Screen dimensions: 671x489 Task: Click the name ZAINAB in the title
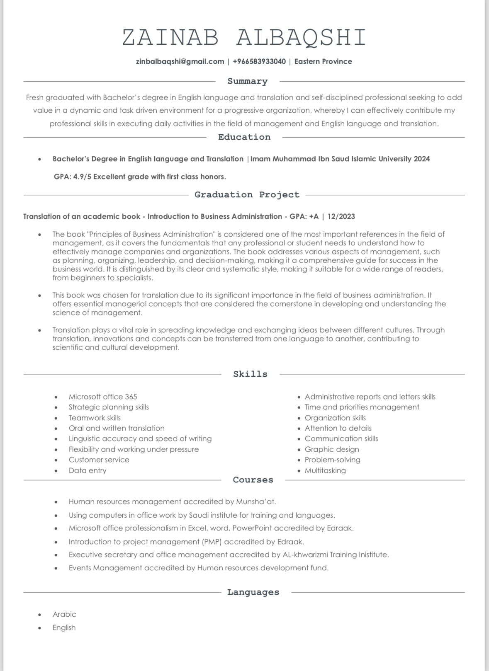pos(170,37)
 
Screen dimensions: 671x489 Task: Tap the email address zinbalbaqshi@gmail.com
pos(180,61)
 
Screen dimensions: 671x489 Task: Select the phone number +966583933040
pos(259,61)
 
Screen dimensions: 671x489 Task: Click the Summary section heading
pos(247,81)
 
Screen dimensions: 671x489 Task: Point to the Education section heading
pos(244,137)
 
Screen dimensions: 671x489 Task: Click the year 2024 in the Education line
pos(422,159)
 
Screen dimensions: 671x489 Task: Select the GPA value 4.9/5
pos(82,177)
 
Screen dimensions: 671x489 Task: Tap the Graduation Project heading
pos(247,195)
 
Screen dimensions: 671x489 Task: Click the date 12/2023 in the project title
pos(341,216)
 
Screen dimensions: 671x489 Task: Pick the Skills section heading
pos(250,374)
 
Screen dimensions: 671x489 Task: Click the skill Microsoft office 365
pos(103,397)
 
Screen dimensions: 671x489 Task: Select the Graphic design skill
pos(332,449)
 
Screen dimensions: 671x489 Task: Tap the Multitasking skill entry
pos(325,470)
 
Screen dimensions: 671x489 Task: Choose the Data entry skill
pos(88,470)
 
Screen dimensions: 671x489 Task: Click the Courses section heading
pos(253,480)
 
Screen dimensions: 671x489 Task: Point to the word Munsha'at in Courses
pos(255,501)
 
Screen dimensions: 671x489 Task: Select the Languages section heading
pos(253,592)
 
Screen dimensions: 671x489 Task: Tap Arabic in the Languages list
pos(64,614)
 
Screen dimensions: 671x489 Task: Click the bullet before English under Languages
pos(40,628)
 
